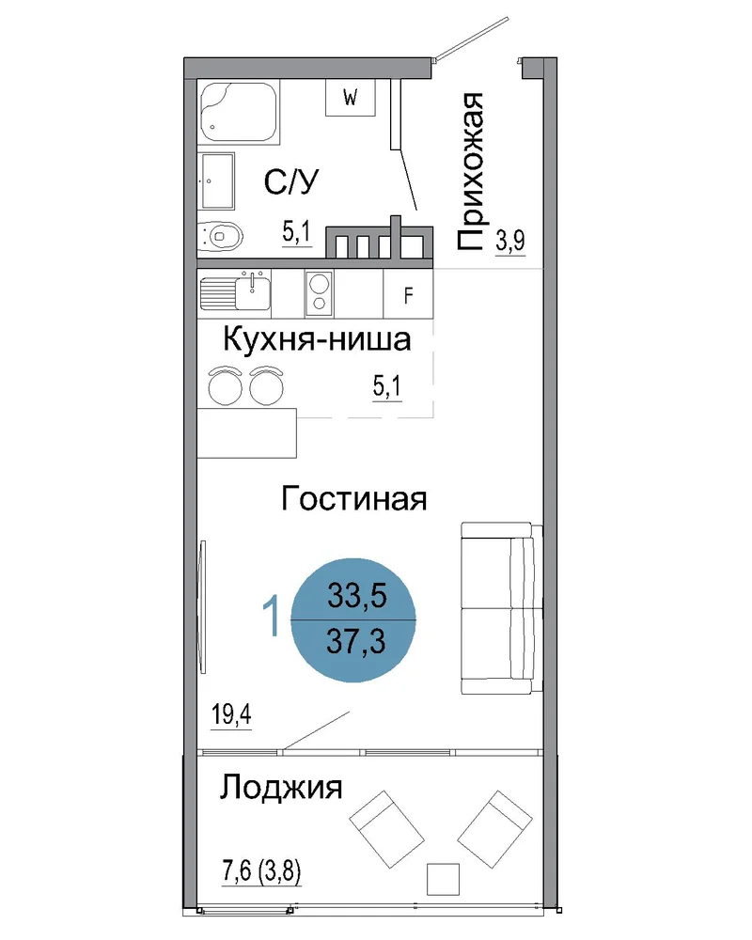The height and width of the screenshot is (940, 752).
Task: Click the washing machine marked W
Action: [x=351, y=97]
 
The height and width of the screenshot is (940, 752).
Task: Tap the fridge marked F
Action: [x=408, y=293]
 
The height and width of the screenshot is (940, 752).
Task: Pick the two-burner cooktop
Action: [x=319, y=293]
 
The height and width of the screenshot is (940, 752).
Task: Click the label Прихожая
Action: [x=469, y=171]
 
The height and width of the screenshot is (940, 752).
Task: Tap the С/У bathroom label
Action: [x=291, y=181]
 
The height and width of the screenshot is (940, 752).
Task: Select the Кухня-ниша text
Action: [x=317, y=339]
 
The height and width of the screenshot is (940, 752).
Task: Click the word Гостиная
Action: [x=354, y=499]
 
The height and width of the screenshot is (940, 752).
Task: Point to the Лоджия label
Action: [x=281, y=787]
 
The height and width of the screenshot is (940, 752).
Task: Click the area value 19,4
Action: [x=231, y=714]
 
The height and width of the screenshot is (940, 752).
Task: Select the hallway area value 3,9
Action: [x=510, y=241]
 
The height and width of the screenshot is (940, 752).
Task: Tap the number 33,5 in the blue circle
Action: [x=357, y=596]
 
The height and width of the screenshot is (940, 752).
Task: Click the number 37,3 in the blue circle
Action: [x=356, y=642]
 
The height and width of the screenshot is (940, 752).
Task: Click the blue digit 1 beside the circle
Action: [x=273, y=616]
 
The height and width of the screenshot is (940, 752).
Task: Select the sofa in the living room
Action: [x=502, y=608]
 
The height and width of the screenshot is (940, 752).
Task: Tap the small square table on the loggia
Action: [x=443, y=879]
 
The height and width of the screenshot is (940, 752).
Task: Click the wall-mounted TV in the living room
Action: [x=203, y=606]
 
